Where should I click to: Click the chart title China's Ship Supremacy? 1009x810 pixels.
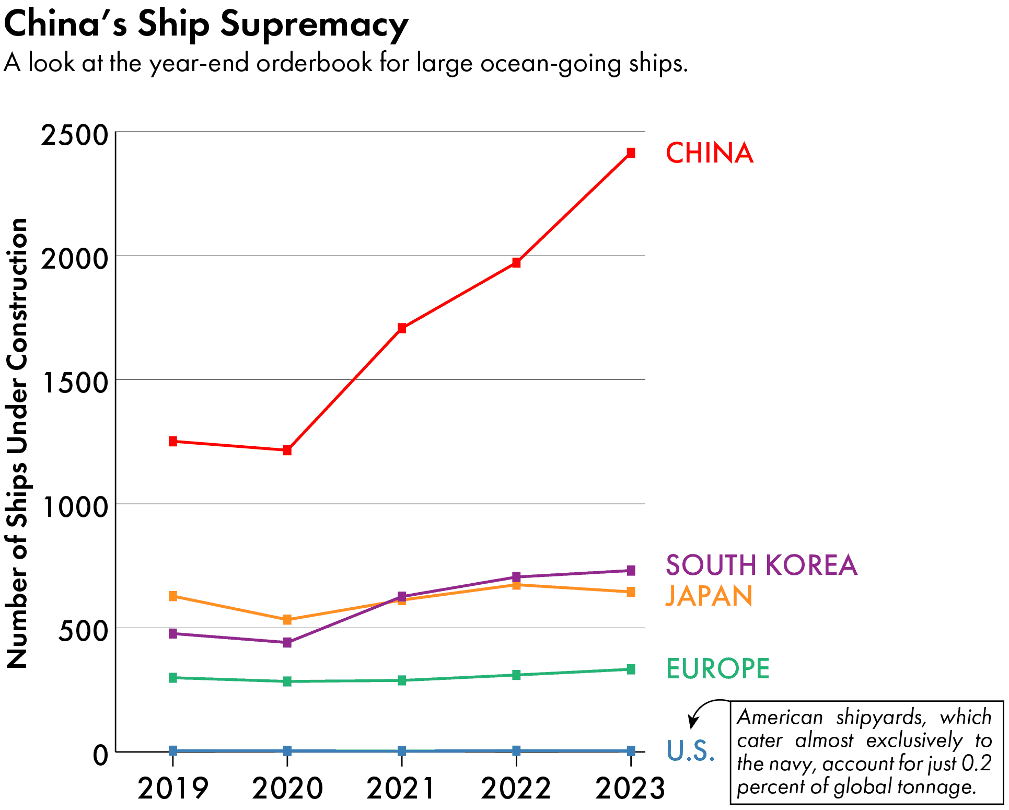(x=206, y=24)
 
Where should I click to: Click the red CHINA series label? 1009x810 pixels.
(x=709, y=153)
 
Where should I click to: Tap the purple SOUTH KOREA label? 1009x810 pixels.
(x=761, y=565)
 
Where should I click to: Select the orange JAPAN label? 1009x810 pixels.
(x=709, y=596)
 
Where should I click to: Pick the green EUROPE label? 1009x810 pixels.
(x=718, y=668)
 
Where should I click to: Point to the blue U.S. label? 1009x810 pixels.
(x=690, y=750)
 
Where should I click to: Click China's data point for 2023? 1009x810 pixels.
(x=631, y=153)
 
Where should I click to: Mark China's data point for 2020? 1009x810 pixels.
(x=287, y=450)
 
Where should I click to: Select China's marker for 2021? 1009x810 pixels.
(x=402, y=328)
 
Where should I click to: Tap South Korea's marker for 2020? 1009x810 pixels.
(x=287, y=642)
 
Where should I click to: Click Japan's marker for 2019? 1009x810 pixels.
(x=173, y=596)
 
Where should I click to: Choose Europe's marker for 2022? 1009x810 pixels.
(x=516, y=675)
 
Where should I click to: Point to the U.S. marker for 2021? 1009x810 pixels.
(x=402, y=751)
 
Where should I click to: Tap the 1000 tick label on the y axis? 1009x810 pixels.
(x=74, y=506)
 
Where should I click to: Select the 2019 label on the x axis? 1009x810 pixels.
(x=173, y=788)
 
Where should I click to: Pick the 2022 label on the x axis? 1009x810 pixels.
(x=516, y=788)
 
